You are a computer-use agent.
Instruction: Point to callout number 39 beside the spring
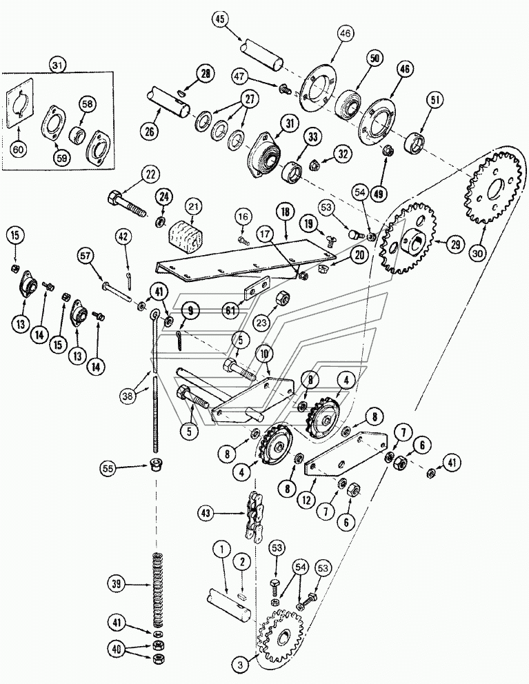click(x=118, y=584)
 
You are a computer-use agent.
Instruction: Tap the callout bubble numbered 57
click(x=86, y=256)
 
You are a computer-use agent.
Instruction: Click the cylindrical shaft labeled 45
click(x=260, y=55)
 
